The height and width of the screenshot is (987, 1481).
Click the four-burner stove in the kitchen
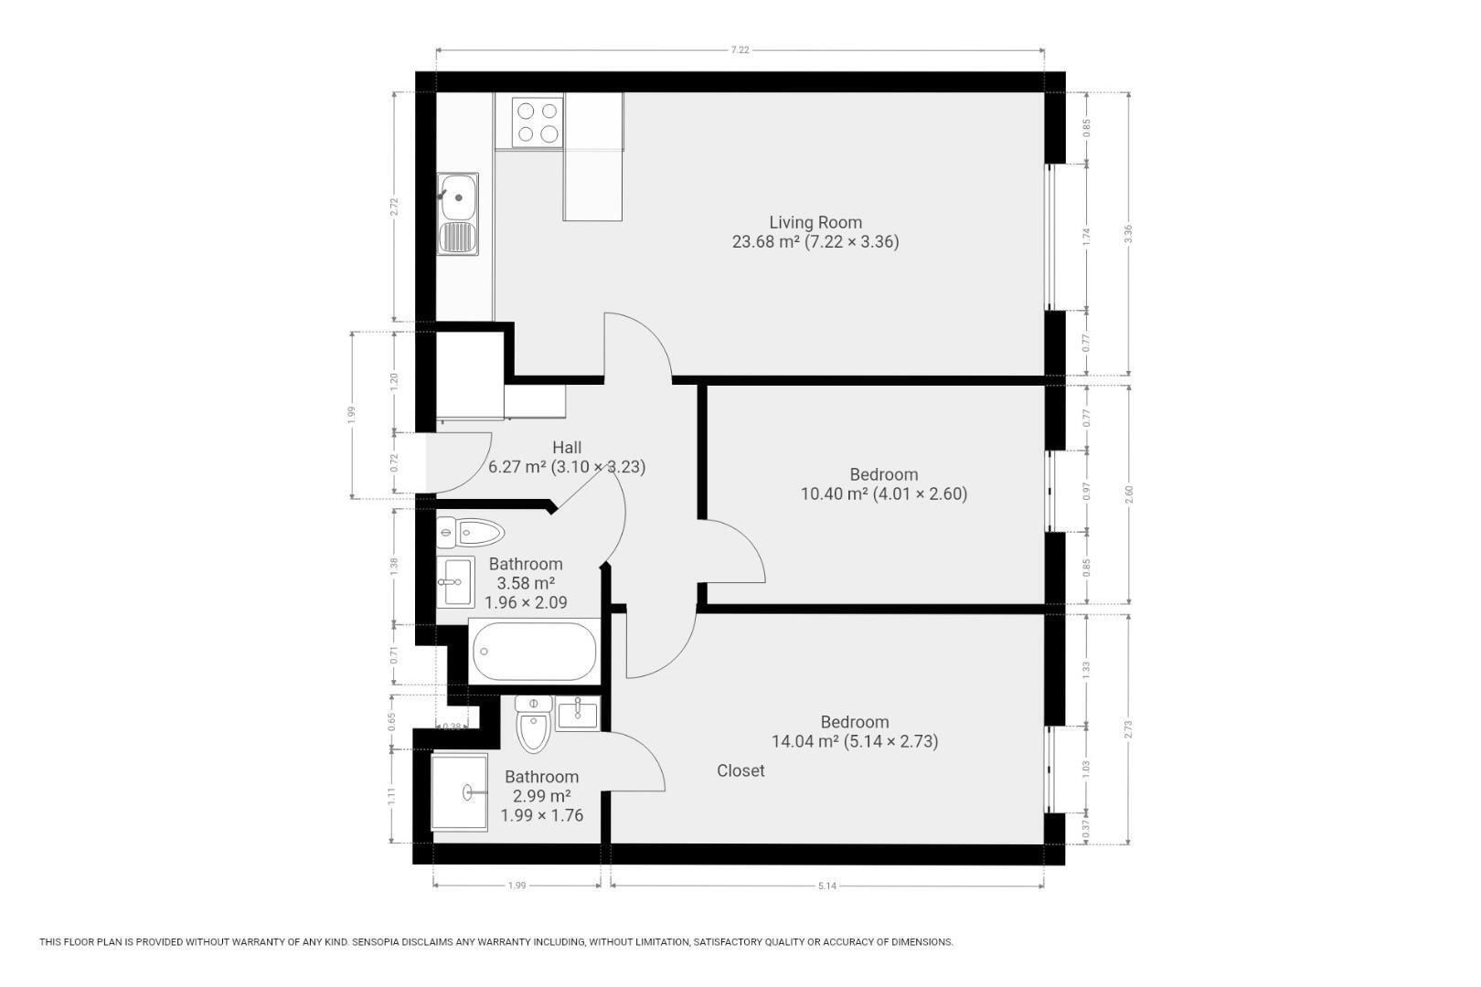(538, 122)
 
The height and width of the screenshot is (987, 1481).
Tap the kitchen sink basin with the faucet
(457, 196)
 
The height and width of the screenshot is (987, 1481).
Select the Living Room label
(815, 222)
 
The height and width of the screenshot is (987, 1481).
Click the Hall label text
(568, 448)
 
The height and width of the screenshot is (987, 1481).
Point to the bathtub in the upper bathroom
(534, 652)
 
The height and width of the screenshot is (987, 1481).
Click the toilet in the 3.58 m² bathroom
(470, 532)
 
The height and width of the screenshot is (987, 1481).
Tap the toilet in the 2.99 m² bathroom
(534, 724)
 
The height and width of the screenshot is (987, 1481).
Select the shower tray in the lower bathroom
(460, 791)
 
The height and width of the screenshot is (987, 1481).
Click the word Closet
(740, 770)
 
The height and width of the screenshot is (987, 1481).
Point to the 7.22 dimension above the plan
(740, 49)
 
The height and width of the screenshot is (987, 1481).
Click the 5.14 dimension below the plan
(827, 886)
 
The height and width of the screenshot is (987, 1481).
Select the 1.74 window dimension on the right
(1086, 237)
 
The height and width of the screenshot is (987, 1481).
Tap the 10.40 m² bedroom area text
(884, 493)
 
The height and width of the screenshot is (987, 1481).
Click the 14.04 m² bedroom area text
(855, 741)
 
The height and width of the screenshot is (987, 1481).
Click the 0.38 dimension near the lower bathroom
(453, 727)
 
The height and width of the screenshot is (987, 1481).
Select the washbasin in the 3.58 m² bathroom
(455, 582)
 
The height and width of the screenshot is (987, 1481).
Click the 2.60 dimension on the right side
(1129, 493)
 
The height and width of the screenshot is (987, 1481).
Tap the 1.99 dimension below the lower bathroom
(517, 886)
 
